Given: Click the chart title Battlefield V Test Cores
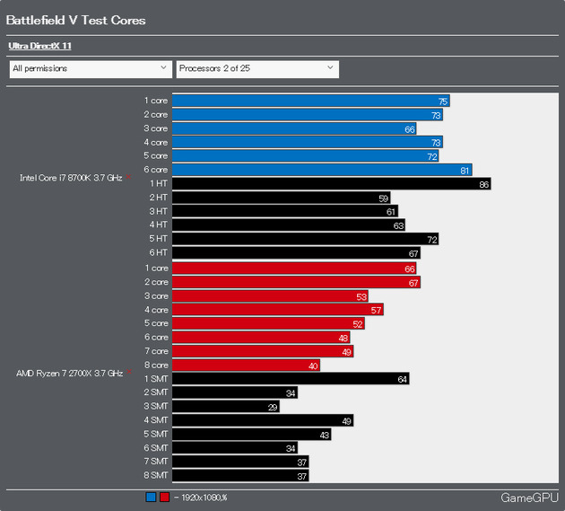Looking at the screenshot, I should point(76,20).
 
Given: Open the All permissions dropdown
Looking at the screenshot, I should point(89,68).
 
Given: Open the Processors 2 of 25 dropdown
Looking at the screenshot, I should point(256,68).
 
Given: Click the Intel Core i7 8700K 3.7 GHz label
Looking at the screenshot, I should point(71,178).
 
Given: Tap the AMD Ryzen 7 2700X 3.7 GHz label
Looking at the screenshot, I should point(70,372).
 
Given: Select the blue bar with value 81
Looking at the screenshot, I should point(321,170).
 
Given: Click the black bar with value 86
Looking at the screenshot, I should point(331,183).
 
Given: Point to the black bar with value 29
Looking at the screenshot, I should point(225,407).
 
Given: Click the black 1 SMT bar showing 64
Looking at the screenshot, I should point(290,379).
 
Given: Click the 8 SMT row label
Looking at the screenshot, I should point(155,476).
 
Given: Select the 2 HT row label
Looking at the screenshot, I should point(158,197).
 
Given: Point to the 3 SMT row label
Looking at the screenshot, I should point(155,407).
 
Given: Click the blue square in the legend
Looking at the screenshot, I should point(151,497).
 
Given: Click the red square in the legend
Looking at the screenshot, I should point(164,497).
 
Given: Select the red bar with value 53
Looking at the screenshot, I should point(270,295).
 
